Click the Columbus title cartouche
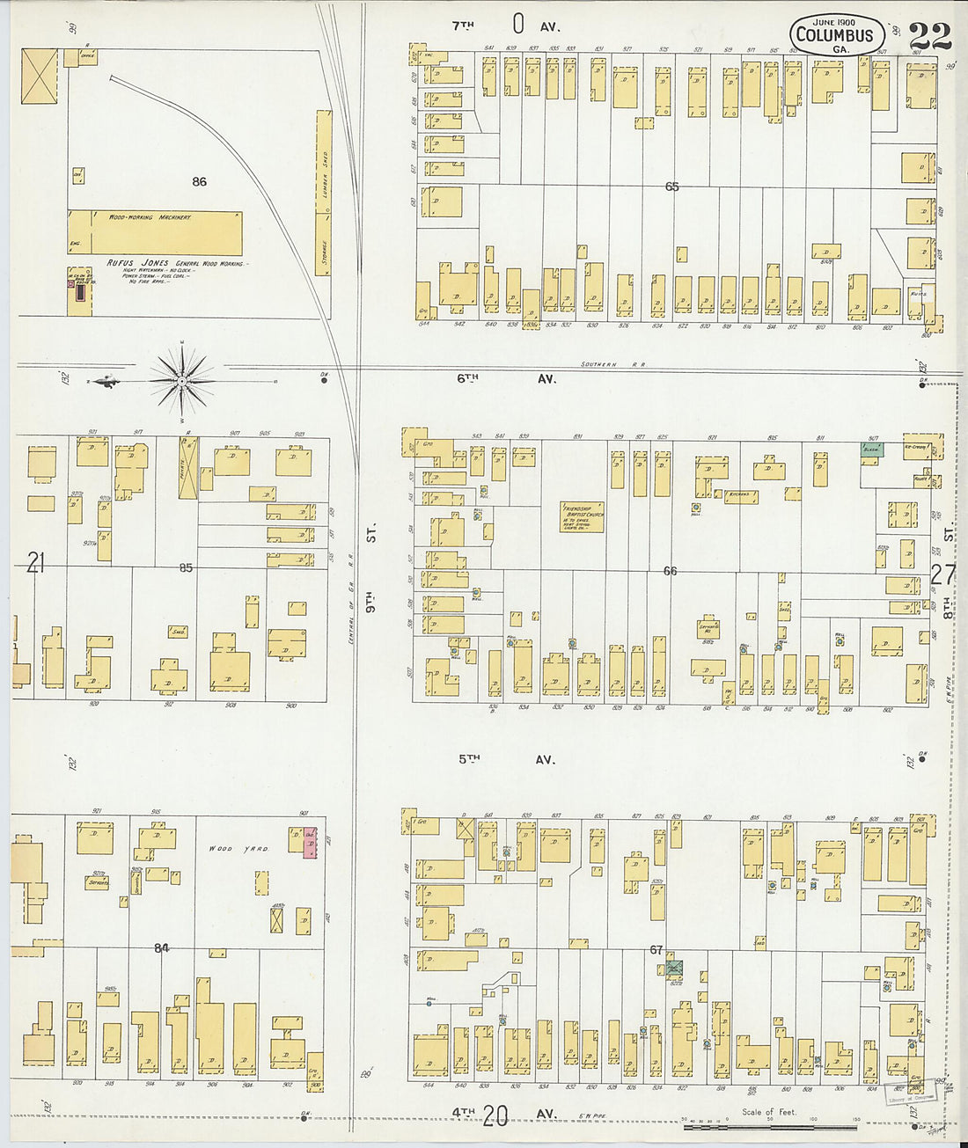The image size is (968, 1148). [833, 36]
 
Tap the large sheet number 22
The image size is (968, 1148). [929, 37]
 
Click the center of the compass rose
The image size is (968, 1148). [181, 381]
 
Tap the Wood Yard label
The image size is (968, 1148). [232, 849]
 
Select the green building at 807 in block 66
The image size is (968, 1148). [872, 449]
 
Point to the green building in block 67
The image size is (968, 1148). [674, 967]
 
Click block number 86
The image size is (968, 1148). [200, 182]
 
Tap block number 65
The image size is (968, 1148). [672, 186]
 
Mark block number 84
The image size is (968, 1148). [161, 947]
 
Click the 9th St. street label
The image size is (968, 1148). [372, 569]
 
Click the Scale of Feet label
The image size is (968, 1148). [769, 1112]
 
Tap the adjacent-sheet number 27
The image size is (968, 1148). [942, 574]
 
